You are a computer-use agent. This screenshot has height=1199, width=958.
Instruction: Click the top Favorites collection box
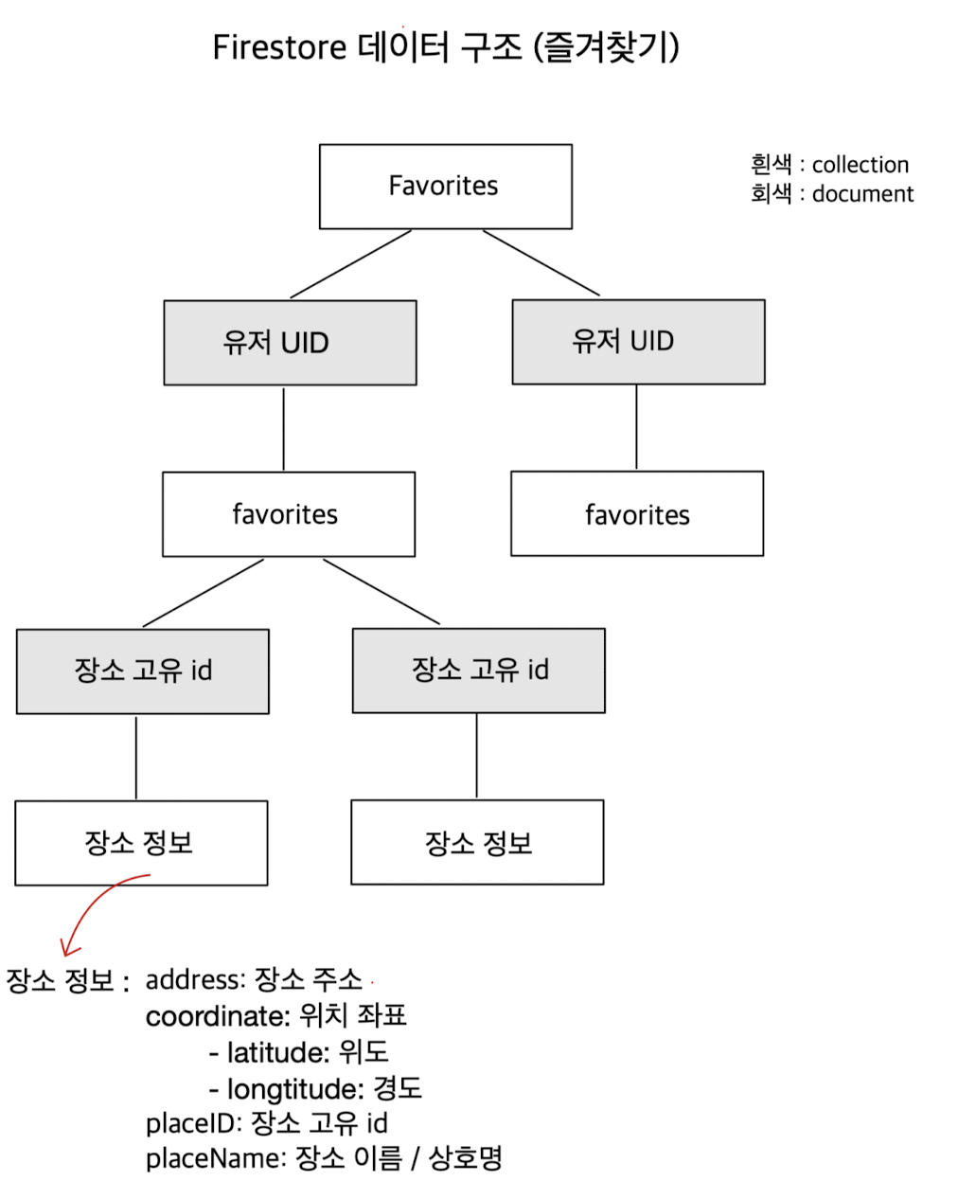tap(445, 187)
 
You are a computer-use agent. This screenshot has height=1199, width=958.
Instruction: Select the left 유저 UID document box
tap(290, 343)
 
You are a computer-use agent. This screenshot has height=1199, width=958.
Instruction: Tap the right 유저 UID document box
tap(638, 342)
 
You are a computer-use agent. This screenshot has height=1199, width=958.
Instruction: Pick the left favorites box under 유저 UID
tap(289, 514)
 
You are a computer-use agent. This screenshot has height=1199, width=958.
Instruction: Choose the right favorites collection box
tap(637, 514)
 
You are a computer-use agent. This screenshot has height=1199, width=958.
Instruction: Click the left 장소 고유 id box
tap(143, 671)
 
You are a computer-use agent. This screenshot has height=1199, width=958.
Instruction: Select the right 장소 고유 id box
tap(478, 671)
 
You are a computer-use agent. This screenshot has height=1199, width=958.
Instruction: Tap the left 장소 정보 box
tap(141, 843)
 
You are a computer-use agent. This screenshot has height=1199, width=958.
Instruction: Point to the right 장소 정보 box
tap(477, 842)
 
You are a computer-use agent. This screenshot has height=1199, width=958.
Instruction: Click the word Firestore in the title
tap(279, 47)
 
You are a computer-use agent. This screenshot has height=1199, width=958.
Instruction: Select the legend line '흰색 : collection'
tap(829, 165)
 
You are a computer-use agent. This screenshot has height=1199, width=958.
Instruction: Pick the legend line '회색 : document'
tap(832, 194)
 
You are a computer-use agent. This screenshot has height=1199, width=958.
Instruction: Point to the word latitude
tap(277, 1052)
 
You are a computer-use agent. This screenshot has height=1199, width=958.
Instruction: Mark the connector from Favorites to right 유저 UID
tap(541, 263)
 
